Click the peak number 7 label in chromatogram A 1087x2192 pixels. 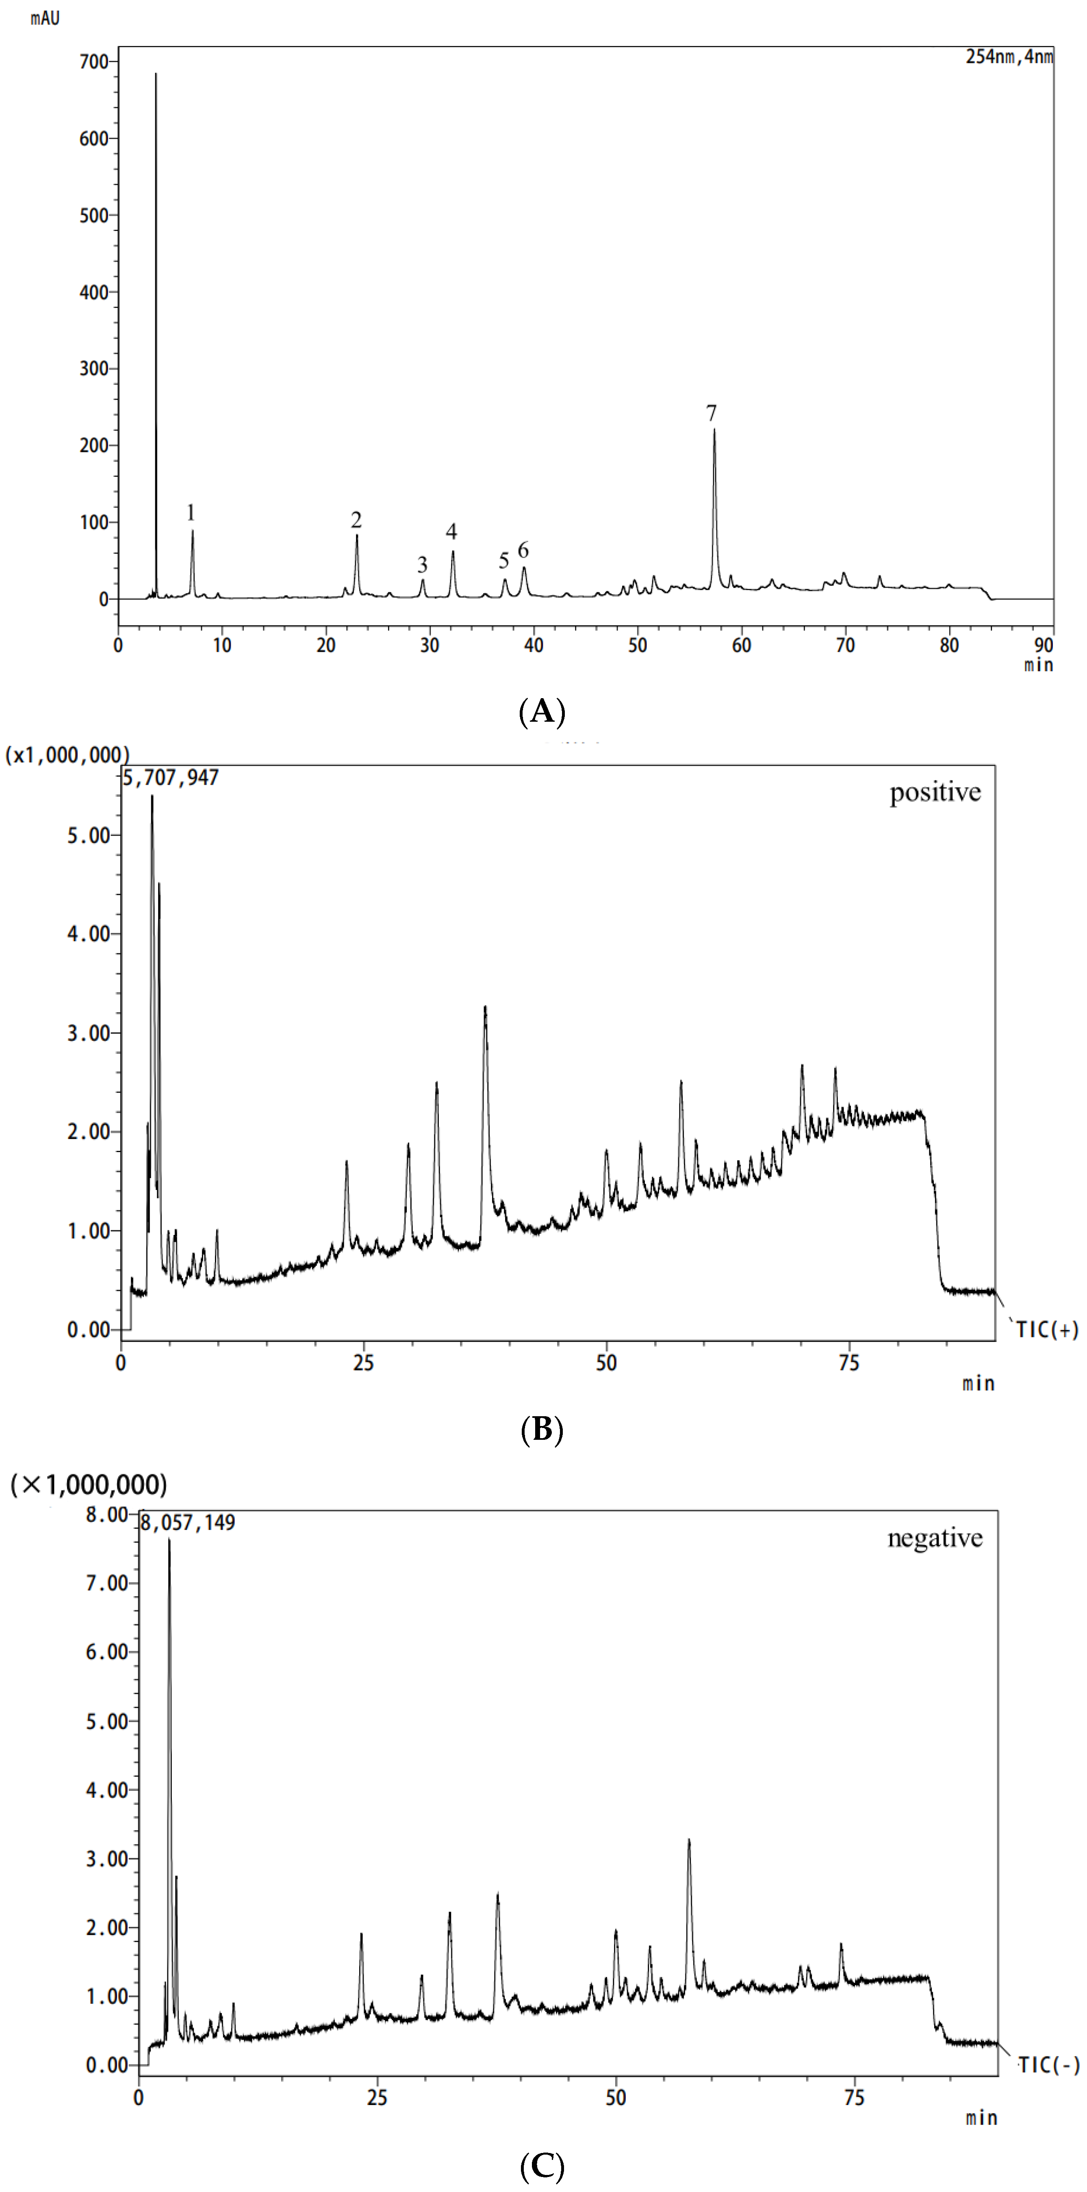tap(712, 414)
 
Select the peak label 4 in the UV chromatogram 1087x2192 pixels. tap(451, 532)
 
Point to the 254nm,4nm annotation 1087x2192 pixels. tap(1009, 57)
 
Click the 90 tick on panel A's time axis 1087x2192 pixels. tap(1044, 645)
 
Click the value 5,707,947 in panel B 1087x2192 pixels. tap(171, 778)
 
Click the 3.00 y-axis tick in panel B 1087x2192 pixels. tap(89, 1033)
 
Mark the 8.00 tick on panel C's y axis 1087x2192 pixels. tap(106, 1515)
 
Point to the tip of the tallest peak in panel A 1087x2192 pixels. tap(156, 74)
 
